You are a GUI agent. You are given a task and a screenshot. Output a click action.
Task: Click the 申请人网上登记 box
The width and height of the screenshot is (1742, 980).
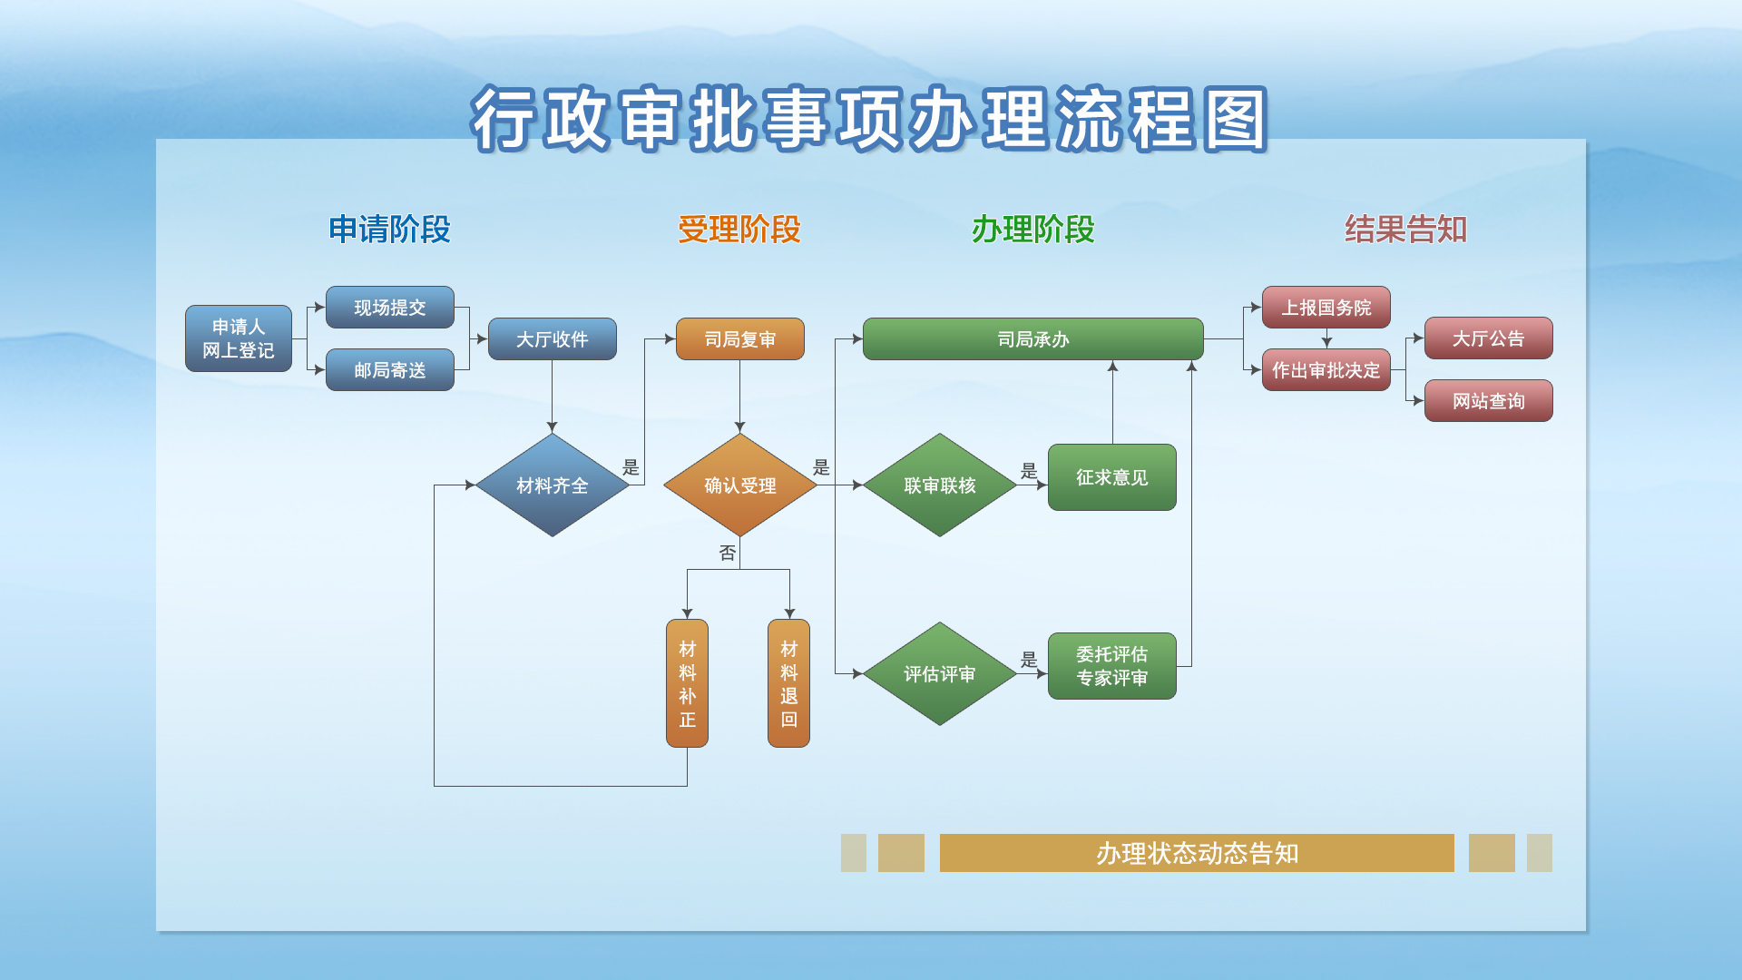[239, 338]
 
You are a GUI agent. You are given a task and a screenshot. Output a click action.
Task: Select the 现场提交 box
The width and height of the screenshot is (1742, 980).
[390, 308]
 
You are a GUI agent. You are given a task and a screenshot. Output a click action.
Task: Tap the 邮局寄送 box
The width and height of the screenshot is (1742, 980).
[390, 370]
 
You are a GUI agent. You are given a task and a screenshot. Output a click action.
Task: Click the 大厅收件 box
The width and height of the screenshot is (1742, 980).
[553, 339]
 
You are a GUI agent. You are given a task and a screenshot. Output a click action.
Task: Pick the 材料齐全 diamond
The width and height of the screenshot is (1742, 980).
[553, 485]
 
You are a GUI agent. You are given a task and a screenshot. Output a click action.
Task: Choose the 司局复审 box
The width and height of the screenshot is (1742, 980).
[740, 339]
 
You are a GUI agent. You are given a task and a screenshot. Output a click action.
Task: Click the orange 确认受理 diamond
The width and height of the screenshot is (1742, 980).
[740, 485]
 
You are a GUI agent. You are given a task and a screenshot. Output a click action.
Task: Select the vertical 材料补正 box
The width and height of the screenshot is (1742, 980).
[688, 683]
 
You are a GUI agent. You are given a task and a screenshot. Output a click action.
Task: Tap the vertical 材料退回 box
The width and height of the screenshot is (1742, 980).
[789, 683]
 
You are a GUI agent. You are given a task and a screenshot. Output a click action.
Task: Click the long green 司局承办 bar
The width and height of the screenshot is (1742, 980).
[1033, 339]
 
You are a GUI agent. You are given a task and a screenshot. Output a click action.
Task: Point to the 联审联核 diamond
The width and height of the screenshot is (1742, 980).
[940, 485]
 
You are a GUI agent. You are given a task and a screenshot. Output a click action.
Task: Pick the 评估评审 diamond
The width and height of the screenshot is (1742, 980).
[940, 674]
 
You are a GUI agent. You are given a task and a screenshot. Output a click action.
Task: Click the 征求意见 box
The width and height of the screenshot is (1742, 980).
[1112, 477]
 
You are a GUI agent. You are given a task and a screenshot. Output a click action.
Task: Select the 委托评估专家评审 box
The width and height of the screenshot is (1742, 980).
[1112, 666]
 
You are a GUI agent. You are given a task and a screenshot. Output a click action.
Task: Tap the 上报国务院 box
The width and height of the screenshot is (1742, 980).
[1326, 308]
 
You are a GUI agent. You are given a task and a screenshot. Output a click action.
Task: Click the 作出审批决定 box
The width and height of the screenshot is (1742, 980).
[1326, 370]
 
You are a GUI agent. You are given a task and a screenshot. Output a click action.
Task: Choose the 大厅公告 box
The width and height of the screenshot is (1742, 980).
[1489, 338]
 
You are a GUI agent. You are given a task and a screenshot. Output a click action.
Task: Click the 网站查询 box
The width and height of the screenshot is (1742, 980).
[1489, 401]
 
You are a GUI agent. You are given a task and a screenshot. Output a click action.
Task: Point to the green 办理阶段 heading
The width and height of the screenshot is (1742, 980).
[1033, 230]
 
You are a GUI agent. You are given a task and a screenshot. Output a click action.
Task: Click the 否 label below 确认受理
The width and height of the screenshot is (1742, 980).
[728, 553]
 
